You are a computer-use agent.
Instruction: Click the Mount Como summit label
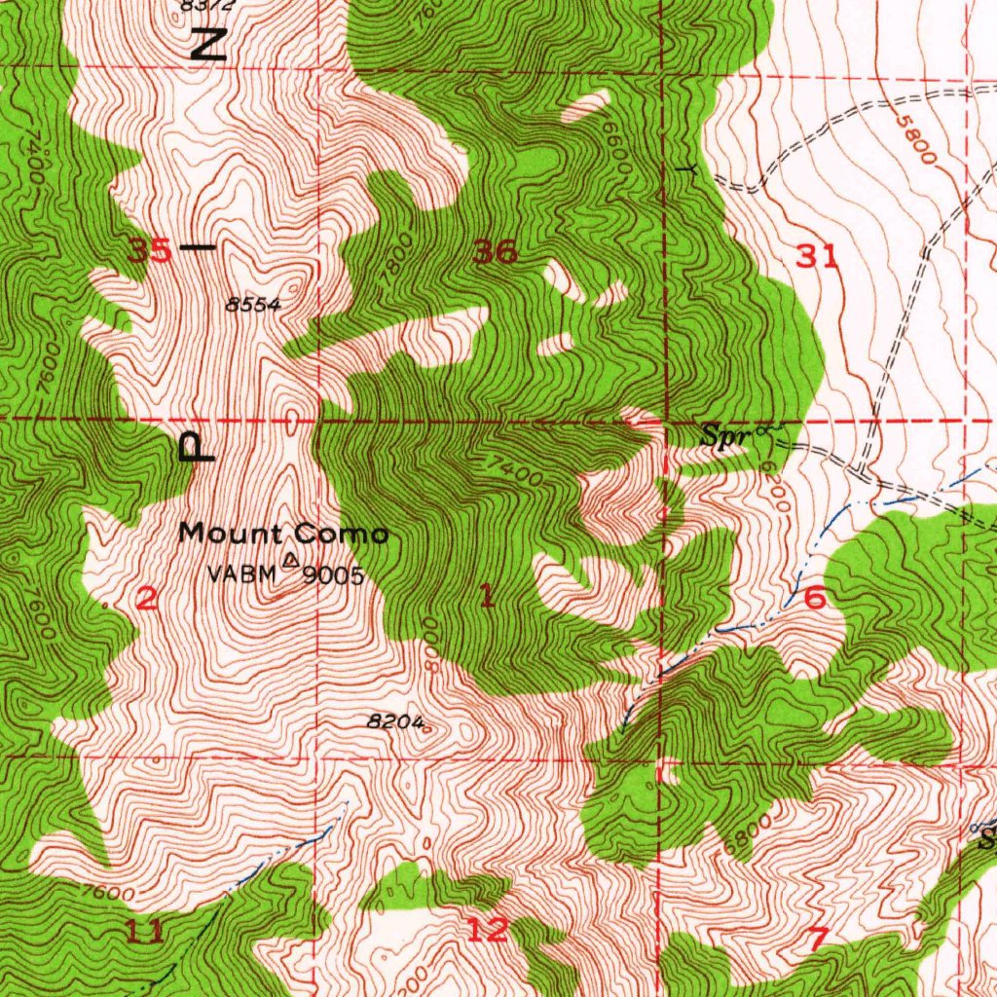point(283,534)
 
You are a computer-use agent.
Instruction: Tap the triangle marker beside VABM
point(290,560)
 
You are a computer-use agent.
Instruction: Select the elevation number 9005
point(333,575)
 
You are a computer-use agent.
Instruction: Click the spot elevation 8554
point(253,305)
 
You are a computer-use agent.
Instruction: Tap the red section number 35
point(151,251)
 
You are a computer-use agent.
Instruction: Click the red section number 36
point(495,253)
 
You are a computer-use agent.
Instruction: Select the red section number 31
point(817,257)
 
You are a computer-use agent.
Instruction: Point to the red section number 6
point(815,599)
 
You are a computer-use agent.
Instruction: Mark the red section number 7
point(818,939)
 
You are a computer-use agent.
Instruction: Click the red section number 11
point(145,933)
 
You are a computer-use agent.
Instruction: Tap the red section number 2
point(146,599)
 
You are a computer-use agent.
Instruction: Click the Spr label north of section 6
point(726,437)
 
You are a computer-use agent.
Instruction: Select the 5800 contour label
point(917,142)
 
